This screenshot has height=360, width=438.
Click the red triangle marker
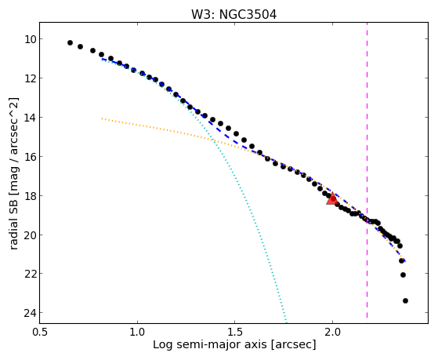[x=332, y=198]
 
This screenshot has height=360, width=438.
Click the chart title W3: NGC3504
[x=233, y=14]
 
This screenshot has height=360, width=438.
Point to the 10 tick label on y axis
[x=31, y=39]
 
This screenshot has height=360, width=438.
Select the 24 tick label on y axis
[x=30, y=313]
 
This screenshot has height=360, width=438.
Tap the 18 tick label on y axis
[x=30, y=195]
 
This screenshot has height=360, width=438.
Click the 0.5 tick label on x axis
[x=40, y=332]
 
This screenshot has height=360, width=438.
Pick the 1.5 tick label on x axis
[x=234, y=332]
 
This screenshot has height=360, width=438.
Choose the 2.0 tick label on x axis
[x=332, y=332]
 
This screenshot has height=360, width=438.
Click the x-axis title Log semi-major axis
[x=209, y=344]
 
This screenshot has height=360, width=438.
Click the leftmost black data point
[x=70, y=43]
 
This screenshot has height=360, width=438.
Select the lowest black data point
[x=405, y=301]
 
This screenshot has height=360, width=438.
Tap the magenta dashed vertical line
[x=367, y=170]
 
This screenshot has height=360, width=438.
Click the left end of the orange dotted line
[x=102, y=118]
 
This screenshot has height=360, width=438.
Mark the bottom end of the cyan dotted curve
[x=286, y=320]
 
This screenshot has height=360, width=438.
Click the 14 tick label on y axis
[x=30, y=118]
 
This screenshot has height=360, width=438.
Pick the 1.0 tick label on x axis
[x=137, y=332]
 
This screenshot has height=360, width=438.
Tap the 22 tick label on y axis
[x=30, y=274]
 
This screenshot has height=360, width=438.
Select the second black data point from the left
[x=80, y=47]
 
